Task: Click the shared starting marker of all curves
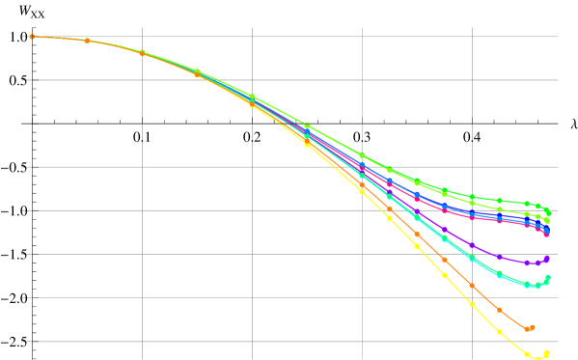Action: click(x=32, y=37)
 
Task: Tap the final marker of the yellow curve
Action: click(x=546, y=352)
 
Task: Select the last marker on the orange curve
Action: click(x=532, y=327)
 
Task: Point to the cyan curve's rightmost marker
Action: click(x=547, y=277)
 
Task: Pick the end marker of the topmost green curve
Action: click(x=547, y=209)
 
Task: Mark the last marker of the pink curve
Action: click(x=546, y=233)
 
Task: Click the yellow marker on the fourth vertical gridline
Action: click(x=472, y=303)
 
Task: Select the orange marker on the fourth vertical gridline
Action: click(x=472, y=285)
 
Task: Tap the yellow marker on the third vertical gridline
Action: click(x=362, y=191)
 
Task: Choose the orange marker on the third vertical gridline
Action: click(x=362, y=182)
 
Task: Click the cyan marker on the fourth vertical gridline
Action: click(x=472, y=258)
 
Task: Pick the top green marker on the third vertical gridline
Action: click(x=362, y=155)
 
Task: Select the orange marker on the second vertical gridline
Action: click(x=252, y=102)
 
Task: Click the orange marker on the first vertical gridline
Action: click(x=142, y=53)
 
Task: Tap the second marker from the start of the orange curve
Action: click(x=87, y=41)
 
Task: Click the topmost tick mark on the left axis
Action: click(x=23, y=37)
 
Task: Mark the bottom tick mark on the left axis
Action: click(x=23, y=342)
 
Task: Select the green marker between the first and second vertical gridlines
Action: click(x=197, y=71)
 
